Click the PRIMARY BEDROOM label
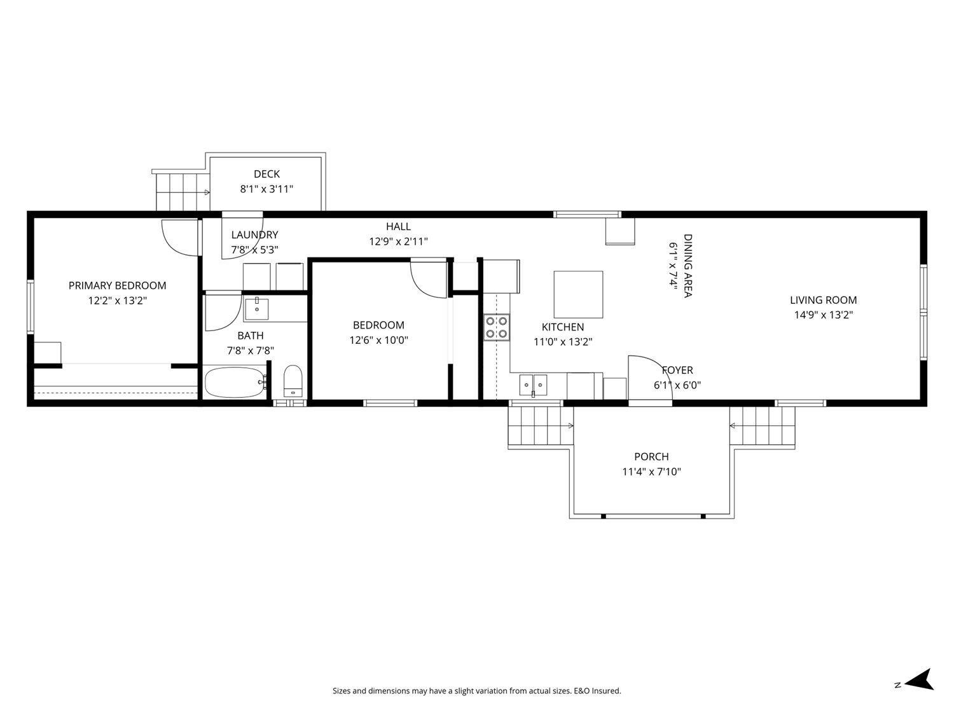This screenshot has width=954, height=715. (x=117, y=285)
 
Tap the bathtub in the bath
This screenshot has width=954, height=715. (x=234, y=382)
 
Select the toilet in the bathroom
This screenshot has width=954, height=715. (x=293, y=381)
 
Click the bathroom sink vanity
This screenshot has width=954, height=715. (x=257, y=310)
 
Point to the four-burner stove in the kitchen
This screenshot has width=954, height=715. (x=496, y=327)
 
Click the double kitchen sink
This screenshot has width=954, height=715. (x=533, y=384)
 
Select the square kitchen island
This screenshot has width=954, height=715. (x=578, y=294)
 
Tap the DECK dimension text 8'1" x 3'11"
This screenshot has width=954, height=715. (x=266, y=189)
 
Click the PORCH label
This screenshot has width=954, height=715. (x=651, y=456)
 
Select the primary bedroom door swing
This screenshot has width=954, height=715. (x=179, y=236)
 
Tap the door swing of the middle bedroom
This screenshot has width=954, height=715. (x=429, y=278)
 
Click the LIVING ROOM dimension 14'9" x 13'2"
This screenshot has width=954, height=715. (x=823, y=315)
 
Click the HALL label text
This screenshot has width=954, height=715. (x=398, y=226)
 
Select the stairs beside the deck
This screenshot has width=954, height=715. (x=183, y=191)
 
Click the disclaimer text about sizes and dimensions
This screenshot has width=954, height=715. (x=476, y=691)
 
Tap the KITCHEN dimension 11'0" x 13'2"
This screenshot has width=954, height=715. (x=562, y=341)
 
